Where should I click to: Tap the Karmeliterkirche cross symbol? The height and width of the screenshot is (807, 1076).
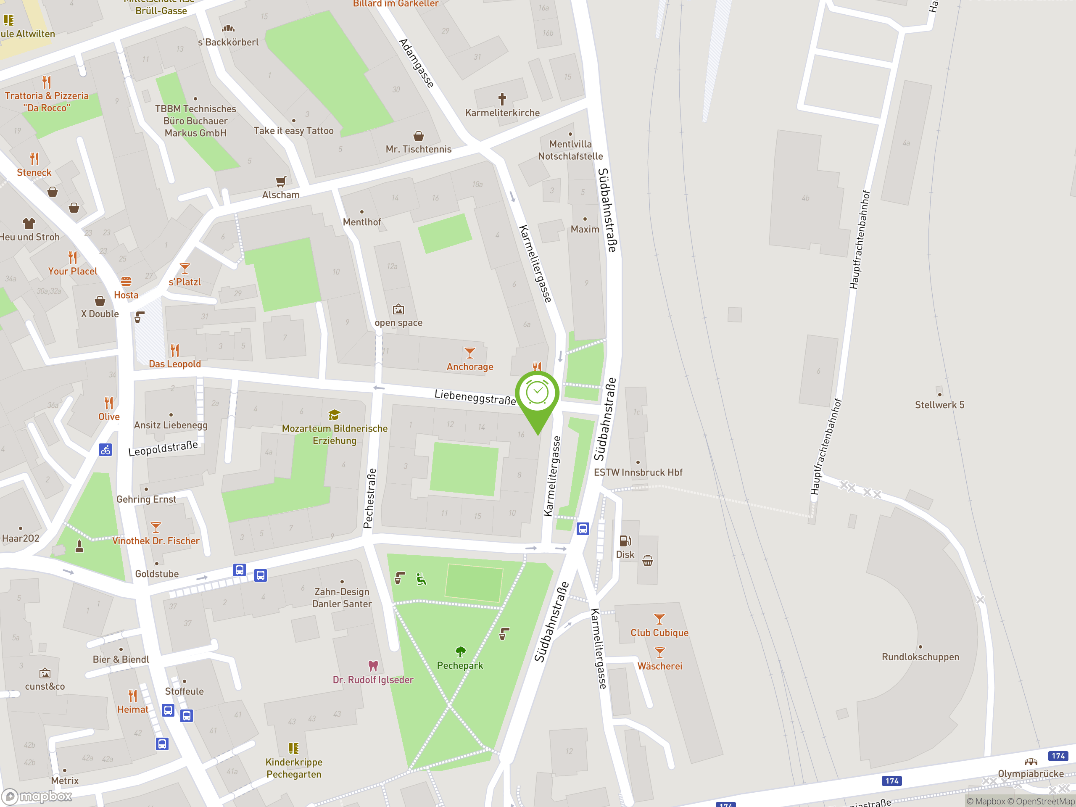(x=502, y=99)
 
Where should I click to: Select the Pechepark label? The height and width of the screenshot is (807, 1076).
(x=460, y=665)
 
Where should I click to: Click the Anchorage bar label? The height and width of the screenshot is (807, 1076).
(x=470, y=367)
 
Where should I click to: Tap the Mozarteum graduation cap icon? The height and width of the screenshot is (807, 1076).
(x=334, y=415)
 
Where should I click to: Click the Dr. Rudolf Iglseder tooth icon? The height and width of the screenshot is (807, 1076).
(x=373, y=665)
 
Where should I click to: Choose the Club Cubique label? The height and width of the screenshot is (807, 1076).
(x=659, y=633)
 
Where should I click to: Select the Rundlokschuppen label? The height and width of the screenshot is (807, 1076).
(x=920, y=657)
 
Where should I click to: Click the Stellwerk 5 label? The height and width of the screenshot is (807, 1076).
(x=939, y=405)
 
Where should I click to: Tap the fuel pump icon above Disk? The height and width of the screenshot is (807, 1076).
(x=625, y=541)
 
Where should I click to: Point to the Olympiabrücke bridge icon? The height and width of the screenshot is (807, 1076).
(x=1030, y=762)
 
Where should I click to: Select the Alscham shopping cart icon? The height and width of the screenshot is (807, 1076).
(x=281, y=182)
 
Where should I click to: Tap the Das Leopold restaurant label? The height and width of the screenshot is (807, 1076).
(x=174, y=364)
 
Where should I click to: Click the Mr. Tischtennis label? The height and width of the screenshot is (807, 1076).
(x=418, y=149)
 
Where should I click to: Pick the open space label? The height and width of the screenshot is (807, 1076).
(x=398, y=322)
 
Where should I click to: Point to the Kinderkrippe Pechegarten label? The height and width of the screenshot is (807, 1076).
(x=294, y=768)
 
